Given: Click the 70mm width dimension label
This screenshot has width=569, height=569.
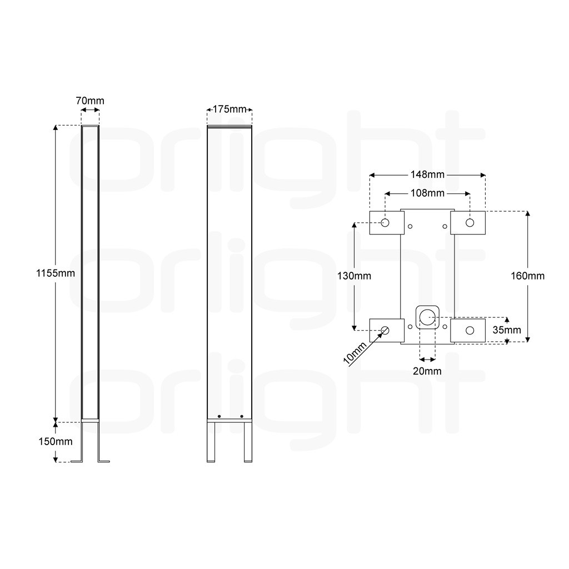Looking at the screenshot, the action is [90, 101].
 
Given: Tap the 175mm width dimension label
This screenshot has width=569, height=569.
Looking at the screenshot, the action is [229, 109].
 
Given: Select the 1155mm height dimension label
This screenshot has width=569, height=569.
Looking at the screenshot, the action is [56, 273].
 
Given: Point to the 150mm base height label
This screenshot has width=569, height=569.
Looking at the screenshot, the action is [56, 441].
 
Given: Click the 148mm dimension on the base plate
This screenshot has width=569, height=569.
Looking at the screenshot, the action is [427, 174].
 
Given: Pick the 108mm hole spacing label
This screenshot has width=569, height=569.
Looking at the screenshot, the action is [427, 193].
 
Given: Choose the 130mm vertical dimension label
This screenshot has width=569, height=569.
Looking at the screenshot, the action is [354, 276].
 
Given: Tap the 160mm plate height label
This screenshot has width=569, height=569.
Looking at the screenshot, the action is [528, 276].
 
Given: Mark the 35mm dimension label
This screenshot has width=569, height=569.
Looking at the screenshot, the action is [507, 330].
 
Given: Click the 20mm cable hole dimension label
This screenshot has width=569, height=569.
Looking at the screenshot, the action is [427, 371].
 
